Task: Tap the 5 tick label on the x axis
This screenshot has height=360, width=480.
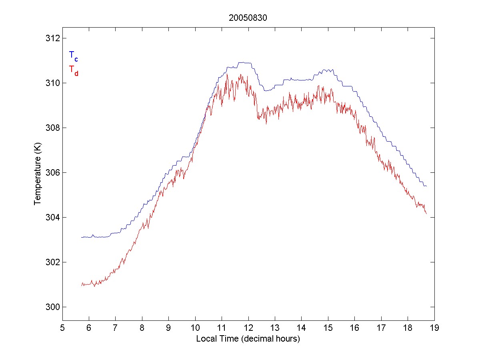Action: click(62, 328)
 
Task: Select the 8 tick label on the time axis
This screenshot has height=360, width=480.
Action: click(142, 328)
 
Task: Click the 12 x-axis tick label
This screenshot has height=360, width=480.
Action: click(248, 328)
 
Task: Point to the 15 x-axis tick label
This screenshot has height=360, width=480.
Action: click(328, 328)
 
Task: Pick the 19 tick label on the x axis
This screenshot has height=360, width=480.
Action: click(434, 328)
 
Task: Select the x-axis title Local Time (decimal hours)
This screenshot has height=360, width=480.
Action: click(248, 339)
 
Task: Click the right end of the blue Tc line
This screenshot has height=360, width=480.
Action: click(427, 186)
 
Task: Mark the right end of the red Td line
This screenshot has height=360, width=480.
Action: click(427, 214)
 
